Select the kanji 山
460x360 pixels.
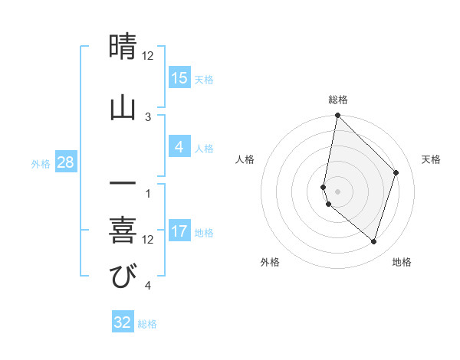click(123, 108)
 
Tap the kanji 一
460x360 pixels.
click(123, 185)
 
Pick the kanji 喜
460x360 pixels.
click(123, 231)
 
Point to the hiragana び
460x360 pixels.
click(123, 277)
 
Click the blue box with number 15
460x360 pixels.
click(179, 77)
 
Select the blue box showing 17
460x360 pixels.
click(179, 231)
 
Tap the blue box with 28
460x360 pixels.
click(66, 162)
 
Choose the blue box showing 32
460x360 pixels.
click(123, 322)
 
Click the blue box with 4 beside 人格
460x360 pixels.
click(179, 147)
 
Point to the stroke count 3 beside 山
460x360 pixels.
click(148, 116)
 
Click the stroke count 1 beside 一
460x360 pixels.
click(148, 193)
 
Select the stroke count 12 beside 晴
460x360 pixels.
click(148, 56)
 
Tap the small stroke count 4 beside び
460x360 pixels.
click(148, 286)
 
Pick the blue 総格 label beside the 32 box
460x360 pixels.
click(147, 324)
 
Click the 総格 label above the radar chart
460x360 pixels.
click(338, 100)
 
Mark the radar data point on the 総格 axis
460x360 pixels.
click(337, 115)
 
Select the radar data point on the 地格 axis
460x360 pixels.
click(373, 241)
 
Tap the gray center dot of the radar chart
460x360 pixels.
click(337, 191)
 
